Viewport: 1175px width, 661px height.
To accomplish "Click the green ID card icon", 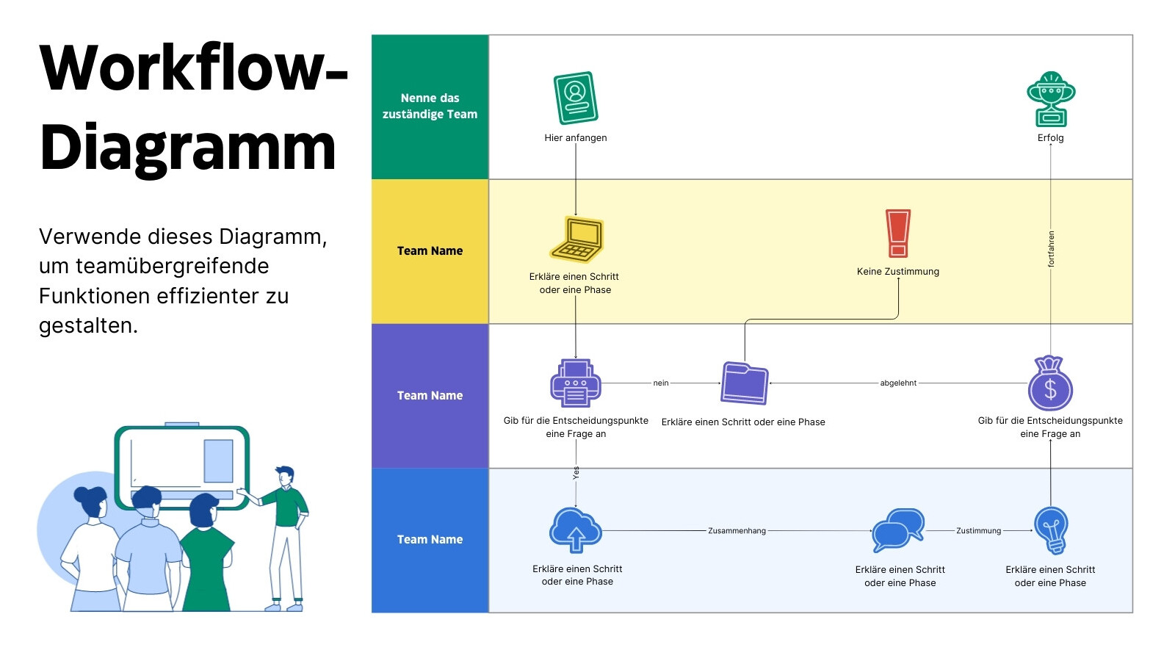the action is pos(576,98).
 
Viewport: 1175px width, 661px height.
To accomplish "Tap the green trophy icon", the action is pos(1051,99).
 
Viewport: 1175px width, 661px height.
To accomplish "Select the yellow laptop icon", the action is pos(576,239).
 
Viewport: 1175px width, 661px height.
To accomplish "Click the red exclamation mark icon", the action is pos(898,234).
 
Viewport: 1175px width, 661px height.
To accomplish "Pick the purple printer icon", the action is pos(576,383).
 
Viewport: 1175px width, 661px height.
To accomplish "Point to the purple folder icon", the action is pos(745,383).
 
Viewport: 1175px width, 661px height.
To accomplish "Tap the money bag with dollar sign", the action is pos(1050,383).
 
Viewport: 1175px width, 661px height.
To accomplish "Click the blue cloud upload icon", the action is pos(576,530).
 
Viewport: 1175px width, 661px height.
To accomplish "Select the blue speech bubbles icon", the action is pos(897,530).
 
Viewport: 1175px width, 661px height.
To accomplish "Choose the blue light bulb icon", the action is pos(1051,530).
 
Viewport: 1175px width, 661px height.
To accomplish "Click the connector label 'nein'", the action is pos(661,383).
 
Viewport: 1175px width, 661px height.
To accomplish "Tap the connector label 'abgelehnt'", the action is pos(898,383).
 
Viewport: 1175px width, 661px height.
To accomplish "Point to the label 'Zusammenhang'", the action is pos(737,531).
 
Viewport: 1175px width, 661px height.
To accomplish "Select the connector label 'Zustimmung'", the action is pos(978,531).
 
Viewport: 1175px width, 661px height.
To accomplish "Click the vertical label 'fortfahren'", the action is pos(1051,249).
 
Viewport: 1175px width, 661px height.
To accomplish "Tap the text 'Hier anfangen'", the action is pos(576,138).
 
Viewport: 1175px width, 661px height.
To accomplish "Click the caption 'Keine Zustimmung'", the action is pos(898,272).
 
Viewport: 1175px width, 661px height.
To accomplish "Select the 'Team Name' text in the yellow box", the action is pos(430,250).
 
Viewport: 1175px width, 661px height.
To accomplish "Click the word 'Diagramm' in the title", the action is pos(188,148).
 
